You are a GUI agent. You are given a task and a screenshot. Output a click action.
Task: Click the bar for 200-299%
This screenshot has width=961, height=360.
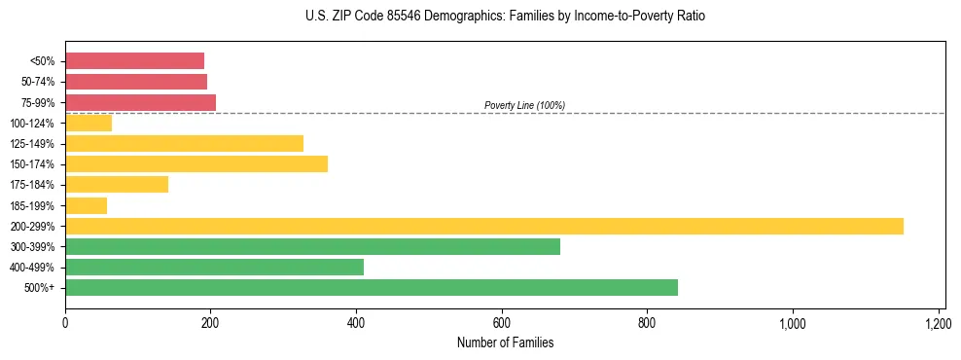[x=484, y=226]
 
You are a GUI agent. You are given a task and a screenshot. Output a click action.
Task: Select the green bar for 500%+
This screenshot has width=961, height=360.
[x=372, y=287]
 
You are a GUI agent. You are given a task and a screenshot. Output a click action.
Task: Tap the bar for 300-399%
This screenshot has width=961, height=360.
[x=312, y=246]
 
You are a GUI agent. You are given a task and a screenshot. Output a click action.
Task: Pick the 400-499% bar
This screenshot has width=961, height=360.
[x=214, y=267]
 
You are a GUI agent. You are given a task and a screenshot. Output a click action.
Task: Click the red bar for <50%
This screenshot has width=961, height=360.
[x=134, y=60]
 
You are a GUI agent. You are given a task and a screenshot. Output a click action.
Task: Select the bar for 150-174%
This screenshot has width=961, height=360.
[x=196, y=163]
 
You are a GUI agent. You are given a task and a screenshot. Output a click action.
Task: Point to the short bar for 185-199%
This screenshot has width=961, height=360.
[x=86, y=205]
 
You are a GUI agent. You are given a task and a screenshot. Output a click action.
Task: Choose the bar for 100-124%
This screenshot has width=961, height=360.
[x=89, y=123]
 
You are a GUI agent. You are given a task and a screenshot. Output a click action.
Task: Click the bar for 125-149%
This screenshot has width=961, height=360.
[x=184, y=143]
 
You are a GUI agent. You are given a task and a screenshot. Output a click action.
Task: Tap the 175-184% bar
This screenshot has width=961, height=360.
[x=117, y=184]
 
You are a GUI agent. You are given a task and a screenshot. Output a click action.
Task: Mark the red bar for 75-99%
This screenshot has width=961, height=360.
[x=140, y=102]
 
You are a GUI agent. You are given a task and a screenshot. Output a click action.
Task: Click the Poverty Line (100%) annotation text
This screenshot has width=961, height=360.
[x=524, y=105]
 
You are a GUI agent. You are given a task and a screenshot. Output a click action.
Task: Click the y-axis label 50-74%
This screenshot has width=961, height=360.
[x=38, y=82]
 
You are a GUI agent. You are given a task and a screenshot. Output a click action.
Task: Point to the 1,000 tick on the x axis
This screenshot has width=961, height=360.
[x=792, y=324]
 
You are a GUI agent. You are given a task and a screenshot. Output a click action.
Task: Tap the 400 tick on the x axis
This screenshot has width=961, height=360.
[x=356, y=324]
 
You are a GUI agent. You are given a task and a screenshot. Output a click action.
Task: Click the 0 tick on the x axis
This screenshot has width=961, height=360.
[x=65, y=324]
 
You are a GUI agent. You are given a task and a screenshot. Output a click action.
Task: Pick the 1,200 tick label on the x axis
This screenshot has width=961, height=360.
[x=938, y=324]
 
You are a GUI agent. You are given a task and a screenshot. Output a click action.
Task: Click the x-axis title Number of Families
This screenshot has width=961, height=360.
[x=505, y=342]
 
